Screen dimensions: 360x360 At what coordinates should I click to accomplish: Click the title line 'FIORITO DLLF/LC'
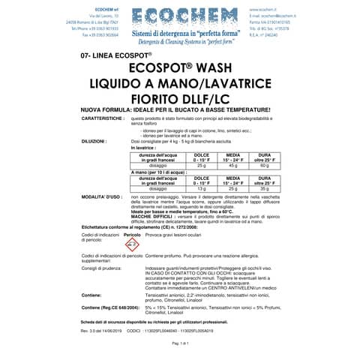point(179,97)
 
